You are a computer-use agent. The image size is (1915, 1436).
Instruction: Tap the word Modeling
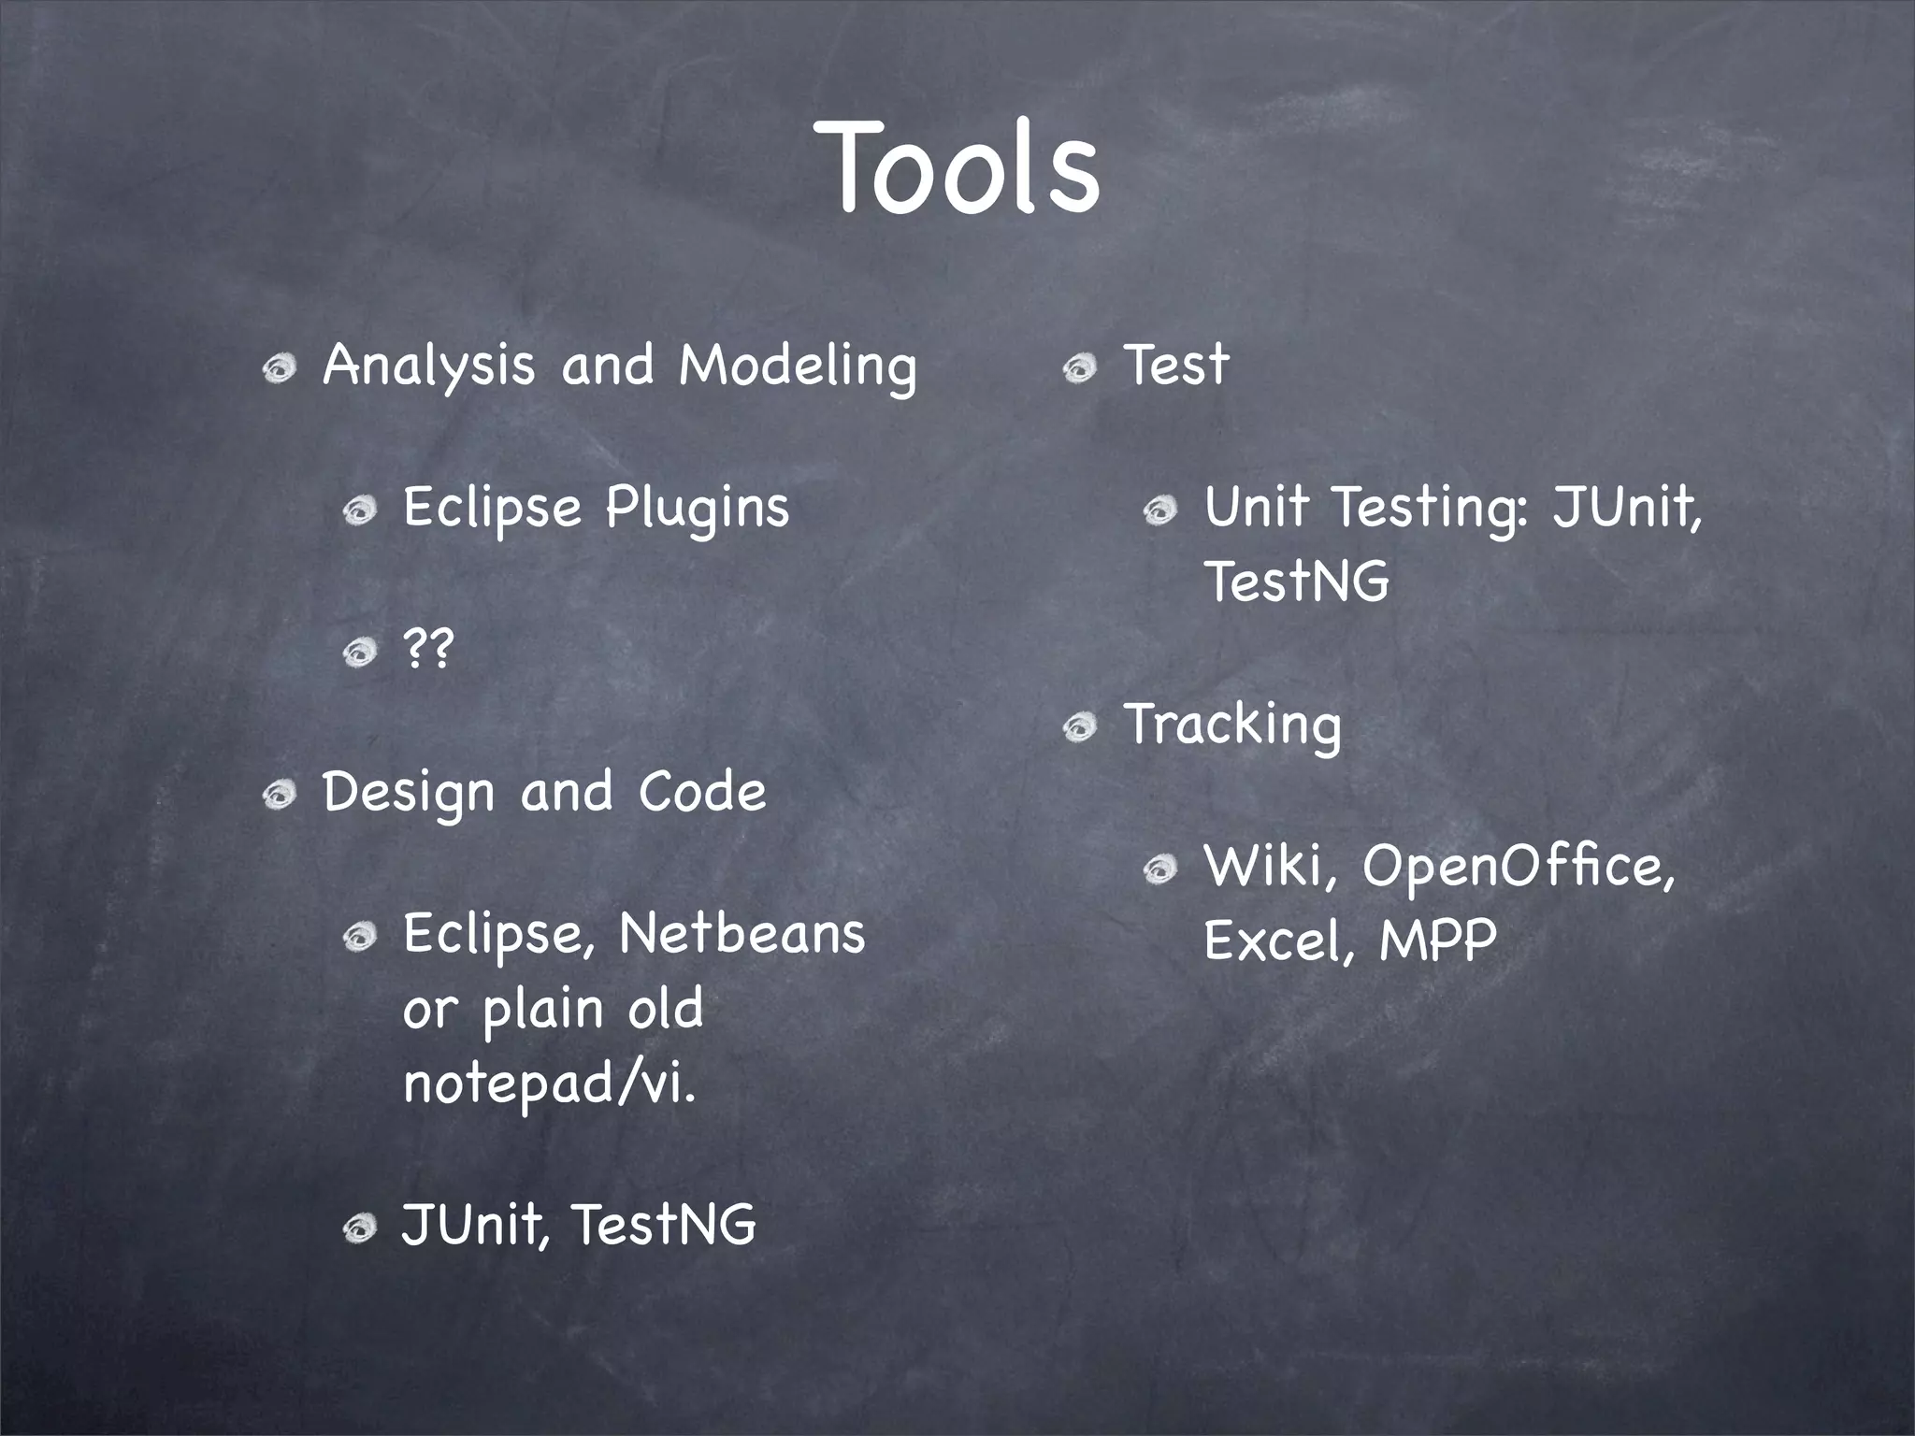pyautogui.click(x=798, y=366)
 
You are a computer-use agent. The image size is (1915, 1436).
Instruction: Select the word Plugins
pyautogui.click(x=697, y=510)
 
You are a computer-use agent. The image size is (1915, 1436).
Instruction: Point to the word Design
pyautogui.click(x=407, y=794)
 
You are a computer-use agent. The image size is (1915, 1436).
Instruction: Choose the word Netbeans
pyautogui.click(x=742, y=935)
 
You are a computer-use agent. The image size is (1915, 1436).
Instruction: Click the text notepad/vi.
pyautogui.click(x=550, y=1084)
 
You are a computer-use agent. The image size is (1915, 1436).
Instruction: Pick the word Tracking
pyautogui.click(x=1232, y=725)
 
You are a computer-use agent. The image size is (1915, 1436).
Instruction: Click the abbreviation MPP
pyautogui.click(x=1438, y=941)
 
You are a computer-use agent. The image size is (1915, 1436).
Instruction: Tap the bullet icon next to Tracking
pyautogui.click(x=1079, y=727)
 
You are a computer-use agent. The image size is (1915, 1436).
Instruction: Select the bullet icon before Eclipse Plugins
pyautogui.click(x=359, y=511)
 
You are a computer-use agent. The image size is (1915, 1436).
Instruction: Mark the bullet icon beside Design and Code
pyautogui.click(x=279, y=797)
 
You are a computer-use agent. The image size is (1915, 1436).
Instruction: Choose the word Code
pyautogui.click(x=702, y=792)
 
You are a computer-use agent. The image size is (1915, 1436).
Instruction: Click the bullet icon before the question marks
pyautogui.click(x=359, y=652)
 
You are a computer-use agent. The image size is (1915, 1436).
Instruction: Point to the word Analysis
pyautogui.click(x=428, y=366)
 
